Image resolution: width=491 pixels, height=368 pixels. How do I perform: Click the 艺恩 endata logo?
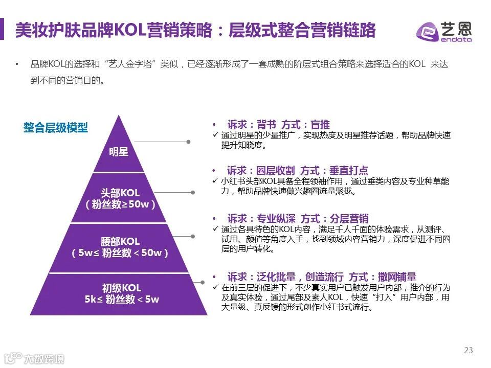[x=444, y=32]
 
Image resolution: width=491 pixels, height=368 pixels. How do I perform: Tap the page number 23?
[x=468, y=350]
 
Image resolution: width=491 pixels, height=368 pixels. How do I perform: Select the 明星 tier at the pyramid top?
[x=119, y=152]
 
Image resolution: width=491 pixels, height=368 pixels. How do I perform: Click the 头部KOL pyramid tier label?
[x=120, y=193]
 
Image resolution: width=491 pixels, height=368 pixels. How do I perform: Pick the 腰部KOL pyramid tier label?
[x=120, y=241]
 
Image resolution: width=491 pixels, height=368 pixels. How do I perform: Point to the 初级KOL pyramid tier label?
[x=121, y=288]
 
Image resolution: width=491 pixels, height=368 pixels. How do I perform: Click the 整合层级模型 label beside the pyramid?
[x=56, y=128]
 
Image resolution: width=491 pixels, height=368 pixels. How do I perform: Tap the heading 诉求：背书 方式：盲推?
[x=278, y=125]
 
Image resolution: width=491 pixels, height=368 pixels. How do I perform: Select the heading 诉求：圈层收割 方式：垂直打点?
[x=297, y=171]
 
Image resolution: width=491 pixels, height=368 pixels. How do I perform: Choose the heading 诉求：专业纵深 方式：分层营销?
[x=298, y=218]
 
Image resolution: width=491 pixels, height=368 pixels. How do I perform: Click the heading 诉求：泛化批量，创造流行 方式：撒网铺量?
[x=321, y=277]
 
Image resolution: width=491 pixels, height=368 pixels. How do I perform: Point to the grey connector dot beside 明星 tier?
[x=188, y=142]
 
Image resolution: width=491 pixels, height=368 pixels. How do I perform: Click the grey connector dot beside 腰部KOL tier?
[x=193, y=236]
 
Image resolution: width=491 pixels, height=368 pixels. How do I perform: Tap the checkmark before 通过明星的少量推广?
[x=215, y=135]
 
